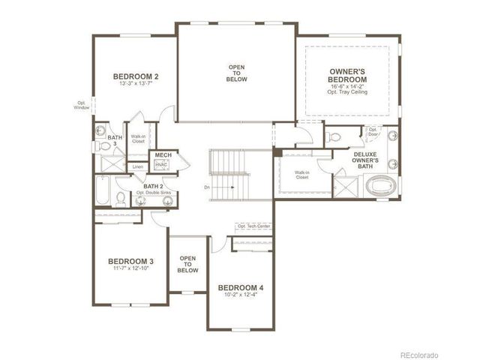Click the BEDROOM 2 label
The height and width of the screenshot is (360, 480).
point(136,76)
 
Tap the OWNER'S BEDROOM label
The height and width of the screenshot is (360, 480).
point(347,75)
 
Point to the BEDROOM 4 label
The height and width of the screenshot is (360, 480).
point(240,287)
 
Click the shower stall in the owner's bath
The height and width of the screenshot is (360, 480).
point(347,184)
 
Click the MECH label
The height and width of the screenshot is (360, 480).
point(163,155)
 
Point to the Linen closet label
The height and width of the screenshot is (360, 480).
point(137,166)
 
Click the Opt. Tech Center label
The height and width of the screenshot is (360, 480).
point(253,226)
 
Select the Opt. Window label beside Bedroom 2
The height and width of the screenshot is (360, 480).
point(82,106)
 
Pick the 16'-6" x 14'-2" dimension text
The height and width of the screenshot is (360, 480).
point(347,87)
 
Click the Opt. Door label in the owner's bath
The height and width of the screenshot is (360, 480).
point(373,132)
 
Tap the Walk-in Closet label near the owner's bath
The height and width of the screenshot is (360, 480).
point(302,176)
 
